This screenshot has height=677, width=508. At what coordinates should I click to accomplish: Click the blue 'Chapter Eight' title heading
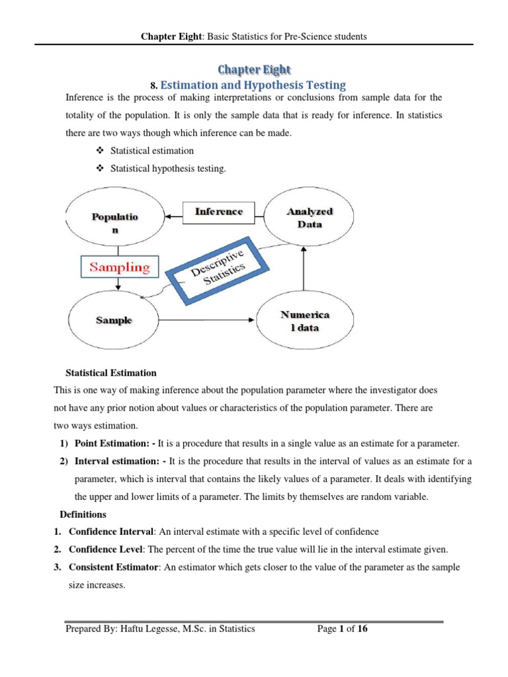(x=255, y=69)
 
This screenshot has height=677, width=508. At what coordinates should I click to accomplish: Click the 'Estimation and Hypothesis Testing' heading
(x=253, y=85)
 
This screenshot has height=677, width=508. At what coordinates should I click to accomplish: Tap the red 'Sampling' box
(x=120, y=268)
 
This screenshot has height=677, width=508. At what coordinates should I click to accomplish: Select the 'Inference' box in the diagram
(x=218, y=212)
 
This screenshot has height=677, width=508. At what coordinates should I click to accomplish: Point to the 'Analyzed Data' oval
(x=310, y=218)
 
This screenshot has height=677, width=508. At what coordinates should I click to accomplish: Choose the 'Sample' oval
(x=113, y=320)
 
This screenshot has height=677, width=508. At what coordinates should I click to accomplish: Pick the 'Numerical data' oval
(x=305, y=321)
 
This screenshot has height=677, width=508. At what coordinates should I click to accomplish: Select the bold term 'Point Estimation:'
(x=114, y=443)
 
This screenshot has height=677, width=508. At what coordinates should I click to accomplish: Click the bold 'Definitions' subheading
(x=83, y=514)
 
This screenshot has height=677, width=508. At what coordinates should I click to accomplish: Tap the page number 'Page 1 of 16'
(x=342, y=629)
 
